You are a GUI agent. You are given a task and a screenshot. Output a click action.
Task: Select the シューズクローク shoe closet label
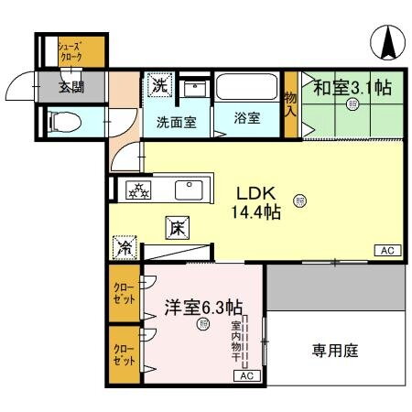point(70,51)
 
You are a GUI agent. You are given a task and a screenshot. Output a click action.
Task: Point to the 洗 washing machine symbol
point(159,87)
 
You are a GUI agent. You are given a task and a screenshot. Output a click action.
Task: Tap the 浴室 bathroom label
point(245,119)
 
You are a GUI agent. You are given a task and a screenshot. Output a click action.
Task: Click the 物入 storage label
point(290,103)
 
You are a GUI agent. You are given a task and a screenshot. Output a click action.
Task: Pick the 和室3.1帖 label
point(352,88)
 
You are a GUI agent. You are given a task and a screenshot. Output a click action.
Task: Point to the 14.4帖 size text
point(255,212)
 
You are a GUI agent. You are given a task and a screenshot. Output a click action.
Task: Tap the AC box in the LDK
point(385,250)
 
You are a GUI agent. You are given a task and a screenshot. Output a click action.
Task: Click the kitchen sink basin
point(189,190)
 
